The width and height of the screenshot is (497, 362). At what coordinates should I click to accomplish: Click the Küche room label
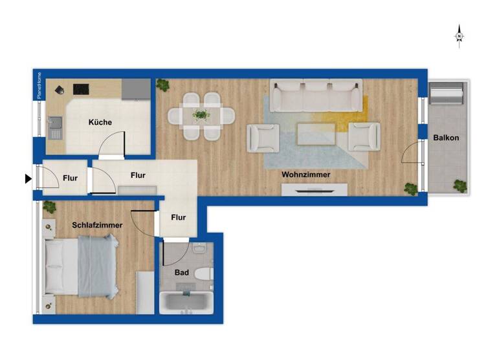coord(100,122)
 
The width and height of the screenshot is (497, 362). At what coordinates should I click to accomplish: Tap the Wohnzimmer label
coord(305,175)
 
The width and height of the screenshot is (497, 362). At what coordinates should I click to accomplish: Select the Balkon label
coord(447,138)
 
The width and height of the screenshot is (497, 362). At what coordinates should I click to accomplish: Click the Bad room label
coord(182,273)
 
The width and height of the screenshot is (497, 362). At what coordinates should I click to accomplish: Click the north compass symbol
coord(459,36)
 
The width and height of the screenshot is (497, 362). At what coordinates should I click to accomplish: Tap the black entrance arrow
coord(28,178)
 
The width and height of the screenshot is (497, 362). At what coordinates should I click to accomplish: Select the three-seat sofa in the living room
coord(316,95)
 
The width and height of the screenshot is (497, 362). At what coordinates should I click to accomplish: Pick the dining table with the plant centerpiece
coord(201,116)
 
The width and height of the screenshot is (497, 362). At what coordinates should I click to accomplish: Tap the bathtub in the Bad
coord(186,303)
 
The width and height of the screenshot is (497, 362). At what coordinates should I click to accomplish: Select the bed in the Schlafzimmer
coord(81,265)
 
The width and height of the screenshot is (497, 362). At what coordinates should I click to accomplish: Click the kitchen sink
coord(55,127)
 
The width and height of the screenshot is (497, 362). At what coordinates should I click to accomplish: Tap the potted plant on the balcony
coord(460,186)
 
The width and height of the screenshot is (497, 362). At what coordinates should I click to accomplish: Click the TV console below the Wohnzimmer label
coord(315,190)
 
